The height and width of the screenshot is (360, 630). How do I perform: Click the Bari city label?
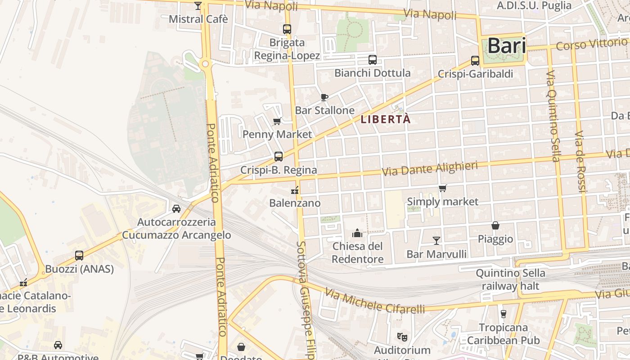tap(507, 45)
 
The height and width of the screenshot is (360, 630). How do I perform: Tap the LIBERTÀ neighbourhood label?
tap(386, 120)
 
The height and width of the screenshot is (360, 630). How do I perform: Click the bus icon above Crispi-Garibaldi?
tap(475, 61)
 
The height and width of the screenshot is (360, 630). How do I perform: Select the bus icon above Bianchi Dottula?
tap(373, 59)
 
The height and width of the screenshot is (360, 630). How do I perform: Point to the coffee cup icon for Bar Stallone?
tap(324, 97)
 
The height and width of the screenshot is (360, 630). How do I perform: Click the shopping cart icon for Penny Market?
tap(277, 121)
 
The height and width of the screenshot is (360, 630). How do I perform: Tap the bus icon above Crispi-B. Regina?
tap(279, 157)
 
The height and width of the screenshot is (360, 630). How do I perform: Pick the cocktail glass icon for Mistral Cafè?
tap(198, 6)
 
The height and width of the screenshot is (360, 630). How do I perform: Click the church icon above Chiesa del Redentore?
tap(357, 233)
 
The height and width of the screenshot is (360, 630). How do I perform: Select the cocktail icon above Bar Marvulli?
tap(436, 241)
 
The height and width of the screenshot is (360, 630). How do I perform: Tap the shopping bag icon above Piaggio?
tap(495, 225)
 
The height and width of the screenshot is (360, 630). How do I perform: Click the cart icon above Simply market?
tap(443, 188)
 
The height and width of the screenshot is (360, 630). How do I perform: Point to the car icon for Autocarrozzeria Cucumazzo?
tap(176, 209)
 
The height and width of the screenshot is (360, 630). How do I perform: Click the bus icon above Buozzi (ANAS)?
tap(79, 256)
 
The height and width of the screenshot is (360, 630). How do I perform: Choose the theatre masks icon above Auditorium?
tap(402, 336)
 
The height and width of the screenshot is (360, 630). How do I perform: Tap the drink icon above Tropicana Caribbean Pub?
tap(503, 314)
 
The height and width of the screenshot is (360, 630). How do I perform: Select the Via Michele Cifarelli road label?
tap(375, 302)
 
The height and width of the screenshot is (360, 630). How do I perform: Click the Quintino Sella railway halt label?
tap(511, 279)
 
